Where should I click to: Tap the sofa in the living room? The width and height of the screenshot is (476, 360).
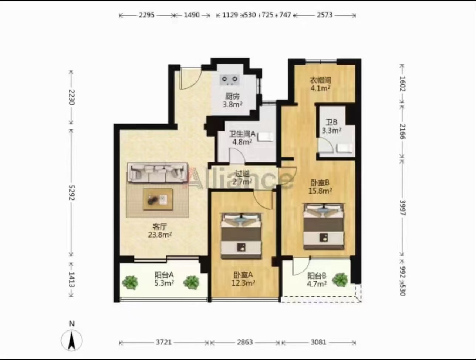coord(158,173)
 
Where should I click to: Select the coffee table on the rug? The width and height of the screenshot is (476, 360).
coord(158,199)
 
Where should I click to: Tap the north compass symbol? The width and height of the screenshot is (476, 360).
coord(71,340)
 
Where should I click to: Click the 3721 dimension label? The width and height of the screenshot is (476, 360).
coord(164,342)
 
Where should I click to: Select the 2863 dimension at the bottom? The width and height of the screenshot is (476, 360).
coord(245,342)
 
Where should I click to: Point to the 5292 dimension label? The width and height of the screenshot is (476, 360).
coord(71,192)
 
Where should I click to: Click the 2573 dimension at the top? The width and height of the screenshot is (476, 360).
coord(324,15)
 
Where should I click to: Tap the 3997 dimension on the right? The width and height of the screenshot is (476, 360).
coord(402,208)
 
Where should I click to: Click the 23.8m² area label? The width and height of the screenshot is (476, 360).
coord(160,235)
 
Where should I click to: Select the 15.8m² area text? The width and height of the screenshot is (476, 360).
coord(320,191)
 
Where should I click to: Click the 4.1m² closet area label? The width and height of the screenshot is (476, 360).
coord(320,88)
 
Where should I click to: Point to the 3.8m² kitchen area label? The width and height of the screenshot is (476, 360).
coord(233,104)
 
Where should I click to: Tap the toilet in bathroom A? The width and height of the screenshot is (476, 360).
coord(265,137)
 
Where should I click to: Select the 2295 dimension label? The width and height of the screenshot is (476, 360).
coord(146,15)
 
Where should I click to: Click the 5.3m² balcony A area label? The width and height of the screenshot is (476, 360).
coord(164,283)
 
